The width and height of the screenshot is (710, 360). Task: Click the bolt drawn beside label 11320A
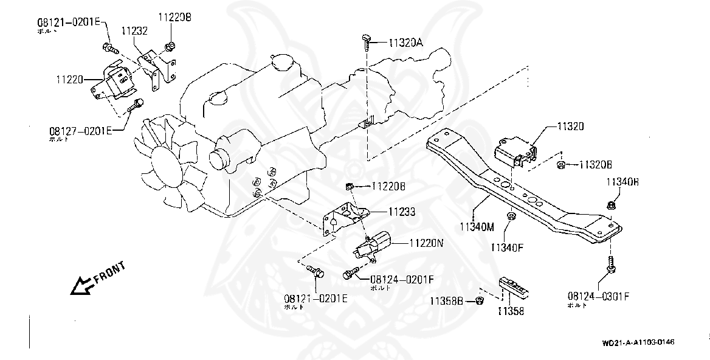pyautogui.click(x=364, y=41)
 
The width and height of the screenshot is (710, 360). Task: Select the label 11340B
pyautogui.click(x=622, y=182)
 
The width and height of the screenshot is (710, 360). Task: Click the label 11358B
pyautogui.click(x=447, y=300)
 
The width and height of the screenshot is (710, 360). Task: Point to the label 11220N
pyautogui.click(x=426, y=242)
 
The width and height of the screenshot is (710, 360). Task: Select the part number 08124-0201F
pyautogui.click(x=402, y=279)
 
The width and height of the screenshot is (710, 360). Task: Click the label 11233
pyautogui.click(x=402, y=212)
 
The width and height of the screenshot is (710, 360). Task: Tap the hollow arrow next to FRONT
pyautogui.click(x=80, y=285)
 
